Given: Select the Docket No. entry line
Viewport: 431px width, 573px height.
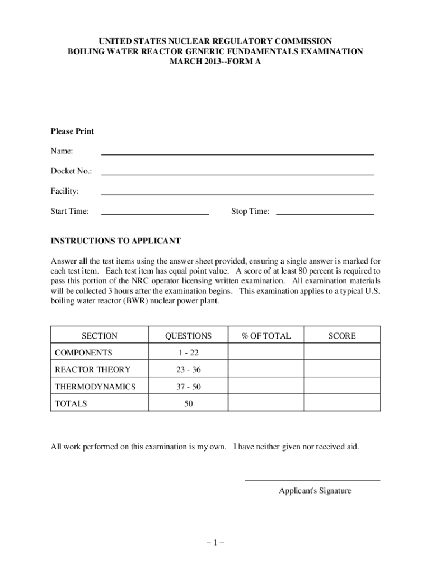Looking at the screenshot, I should [x=237, y=173].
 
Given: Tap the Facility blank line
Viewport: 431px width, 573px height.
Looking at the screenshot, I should [x=237, y=194].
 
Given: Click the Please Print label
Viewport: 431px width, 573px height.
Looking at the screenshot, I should [x=73, y=131].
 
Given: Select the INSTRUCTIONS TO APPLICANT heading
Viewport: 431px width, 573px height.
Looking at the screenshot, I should [x=116, y=241].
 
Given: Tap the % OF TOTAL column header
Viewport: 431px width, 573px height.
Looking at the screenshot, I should [x=266, y=336].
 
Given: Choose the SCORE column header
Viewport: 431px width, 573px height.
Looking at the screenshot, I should [x=342, y=336].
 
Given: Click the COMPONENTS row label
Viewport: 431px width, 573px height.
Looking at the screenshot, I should [x=83, y=353].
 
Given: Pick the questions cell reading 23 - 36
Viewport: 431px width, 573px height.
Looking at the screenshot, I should [x=188, y=369].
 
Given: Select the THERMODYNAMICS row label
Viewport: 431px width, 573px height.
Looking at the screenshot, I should [x=95, y=387].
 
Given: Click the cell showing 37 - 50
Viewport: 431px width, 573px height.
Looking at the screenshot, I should [x=188, y=387].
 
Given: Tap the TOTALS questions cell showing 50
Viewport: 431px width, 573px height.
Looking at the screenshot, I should [x=188, y=403].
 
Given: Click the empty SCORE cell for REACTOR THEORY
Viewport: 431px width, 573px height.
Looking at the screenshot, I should [x=342, y=369].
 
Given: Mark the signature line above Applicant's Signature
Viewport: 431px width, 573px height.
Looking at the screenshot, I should [x=312, y=480].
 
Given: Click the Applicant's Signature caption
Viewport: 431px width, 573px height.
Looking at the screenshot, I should [x=315, y=491].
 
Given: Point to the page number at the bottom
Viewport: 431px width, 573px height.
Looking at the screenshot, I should [x=215, y=542].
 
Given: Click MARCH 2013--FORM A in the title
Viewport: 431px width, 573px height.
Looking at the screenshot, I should [x=215, y=62].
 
